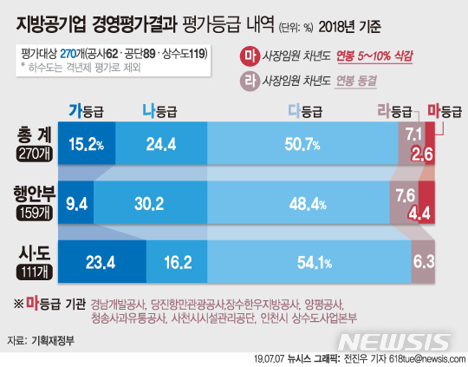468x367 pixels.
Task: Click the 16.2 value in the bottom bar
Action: tap(176, 260)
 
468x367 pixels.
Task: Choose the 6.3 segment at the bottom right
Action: tap(424, 260)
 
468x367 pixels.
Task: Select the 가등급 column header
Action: tap(86, 110)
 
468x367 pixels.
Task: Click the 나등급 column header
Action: tap(159, 110)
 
